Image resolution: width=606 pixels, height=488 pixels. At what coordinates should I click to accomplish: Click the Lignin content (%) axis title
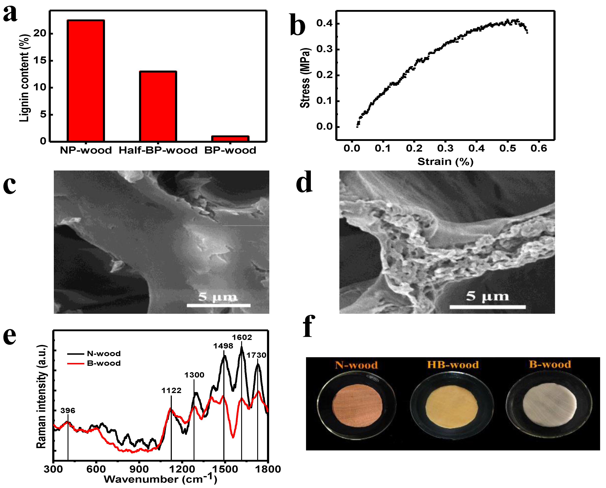pyautogui.click(x=24, y=78)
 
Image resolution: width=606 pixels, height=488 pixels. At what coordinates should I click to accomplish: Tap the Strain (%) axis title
pyautogui.click(x=445, y=162)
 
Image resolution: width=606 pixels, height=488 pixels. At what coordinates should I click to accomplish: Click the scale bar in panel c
pyautogui.click(x=219, y=305)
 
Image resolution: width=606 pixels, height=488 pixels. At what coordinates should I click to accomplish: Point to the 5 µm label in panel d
pyautogui.click(x=487, y=296)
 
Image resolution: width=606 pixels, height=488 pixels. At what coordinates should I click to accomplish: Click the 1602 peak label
pyautogui.click(x=242, y=337)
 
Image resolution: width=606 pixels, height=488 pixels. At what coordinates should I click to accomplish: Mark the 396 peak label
pyautogui.click(x=68, y=411)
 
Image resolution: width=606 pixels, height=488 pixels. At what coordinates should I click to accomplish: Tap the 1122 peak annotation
pyautogui.click(x=171, y=391)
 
